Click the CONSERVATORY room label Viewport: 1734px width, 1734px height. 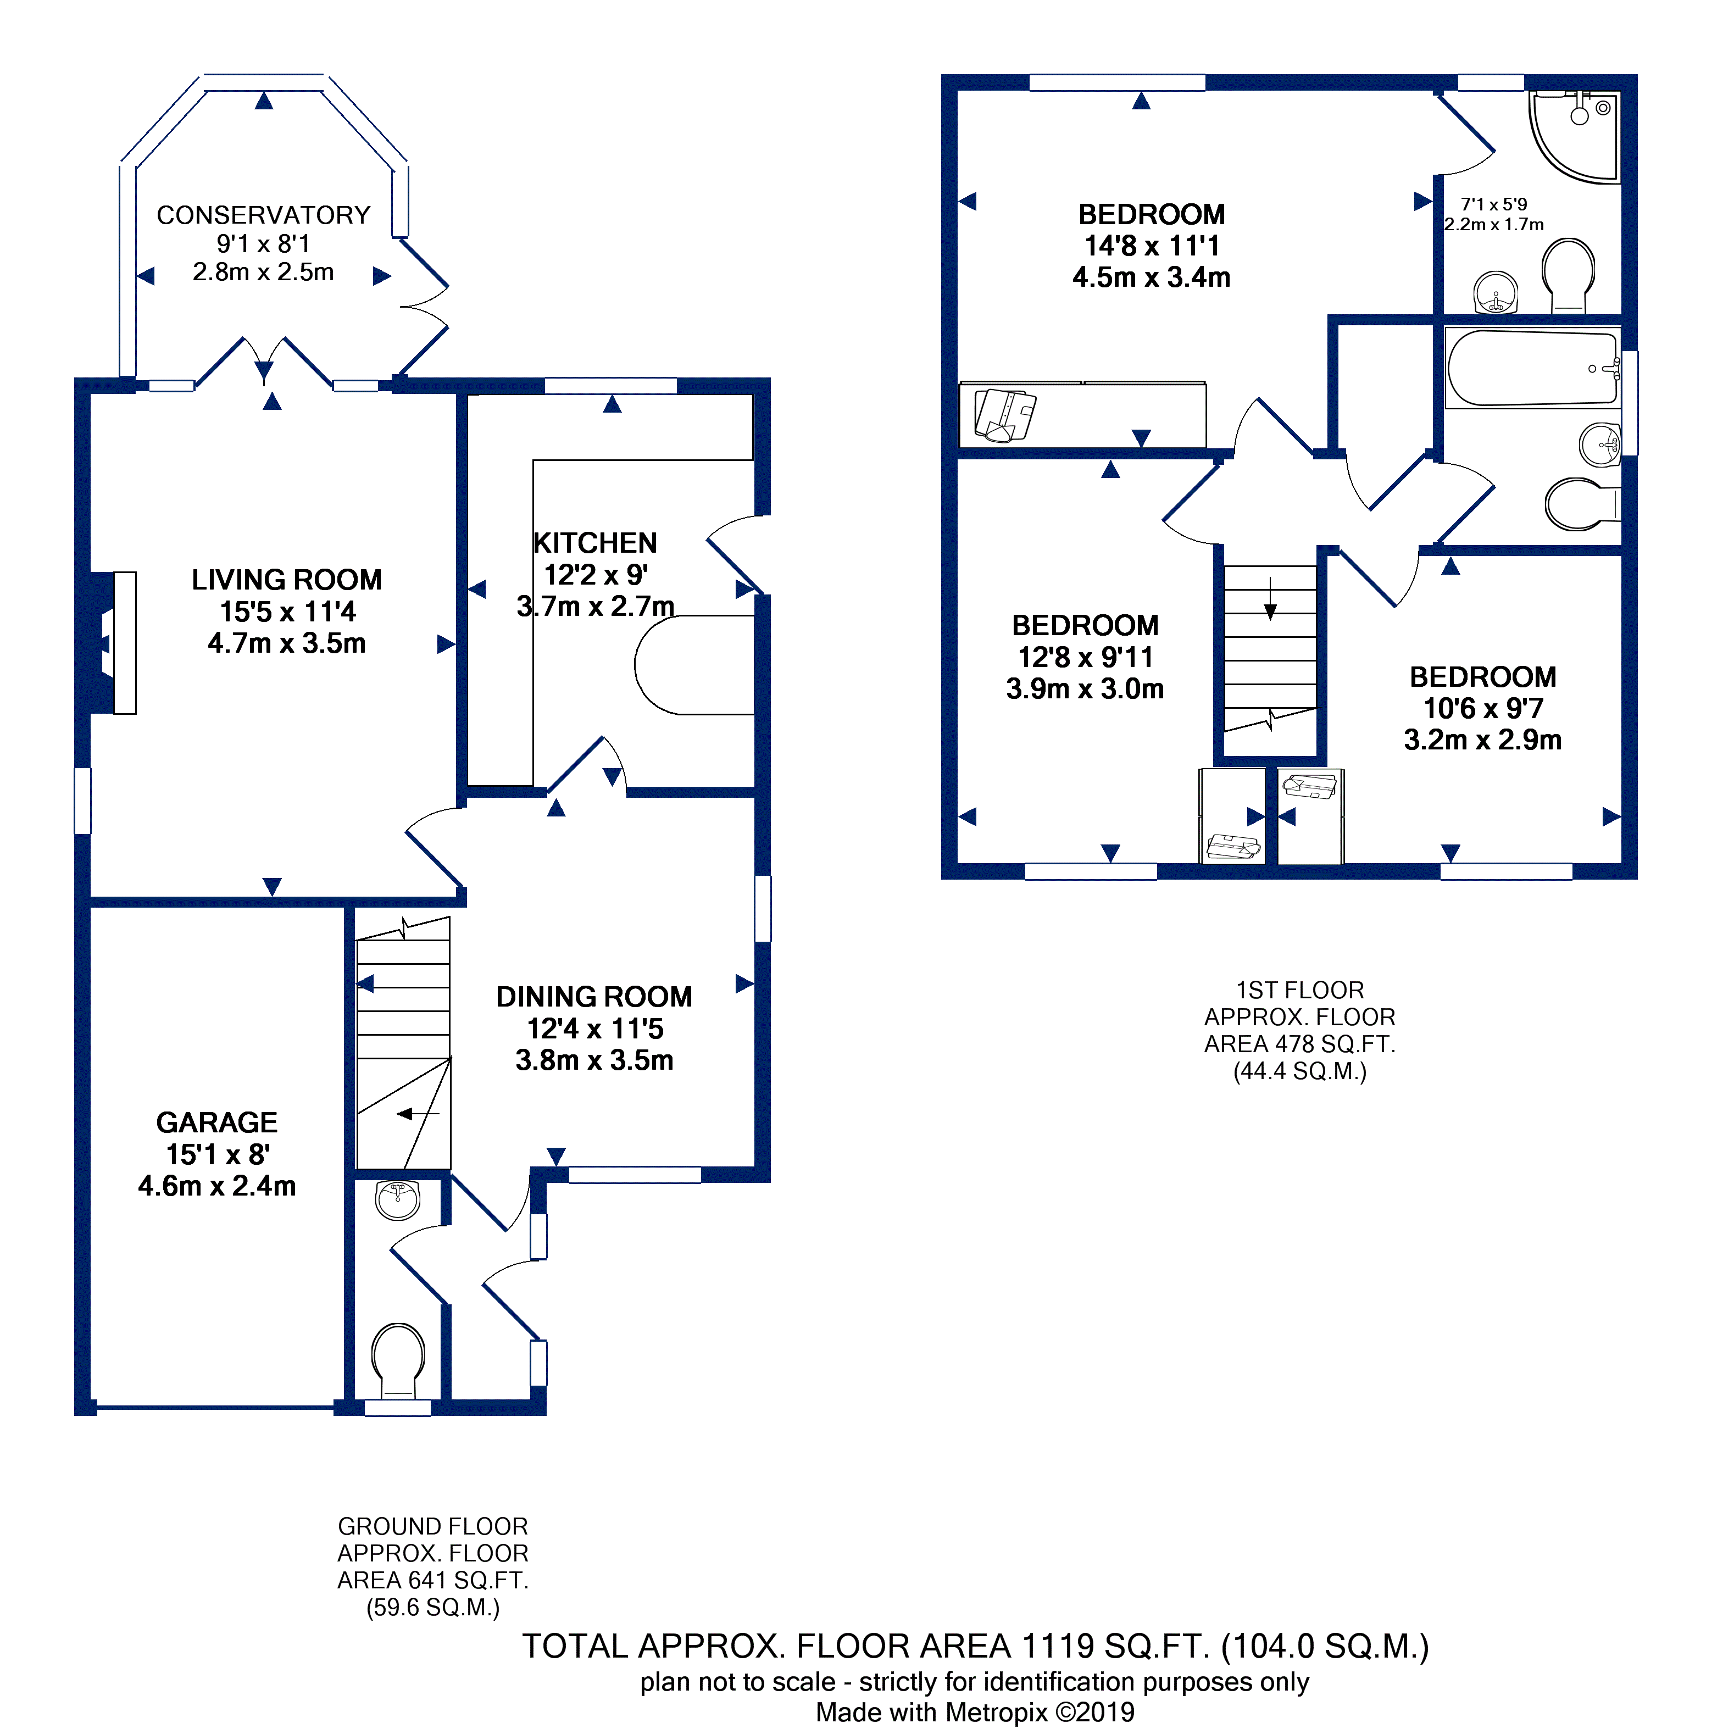[x=263, y=215]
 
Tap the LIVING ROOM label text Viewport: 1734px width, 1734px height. [x=286, y=580]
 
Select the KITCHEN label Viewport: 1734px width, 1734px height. [x=595, y=543]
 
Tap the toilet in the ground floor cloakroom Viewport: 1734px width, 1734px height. [x=398, y=1360]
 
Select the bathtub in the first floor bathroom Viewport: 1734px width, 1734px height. [x=1533, y=369]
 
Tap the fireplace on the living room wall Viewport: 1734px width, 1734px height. [x=113, y=643]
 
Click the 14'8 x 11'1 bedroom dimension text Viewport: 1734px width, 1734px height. [x=1152, y=246]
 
